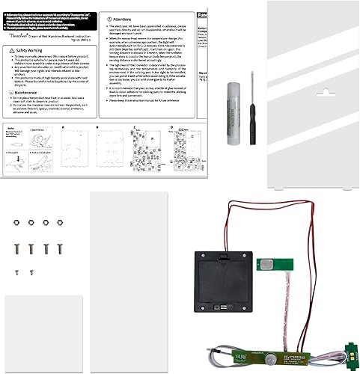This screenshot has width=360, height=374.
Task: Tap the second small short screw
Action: (x=34, y=270)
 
